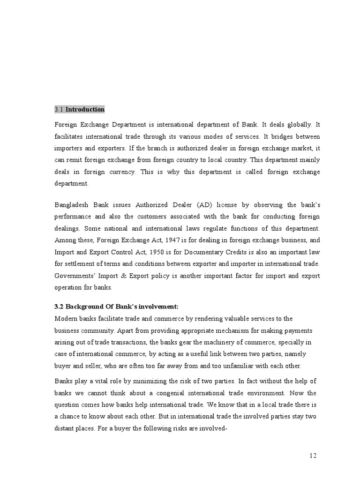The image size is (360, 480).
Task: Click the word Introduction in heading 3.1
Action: (x=85, y=110)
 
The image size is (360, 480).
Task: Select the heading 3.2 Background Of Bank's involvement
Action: (x=116, y=307)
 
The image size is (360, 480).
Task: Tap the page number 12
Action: (x=314, y=456)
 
